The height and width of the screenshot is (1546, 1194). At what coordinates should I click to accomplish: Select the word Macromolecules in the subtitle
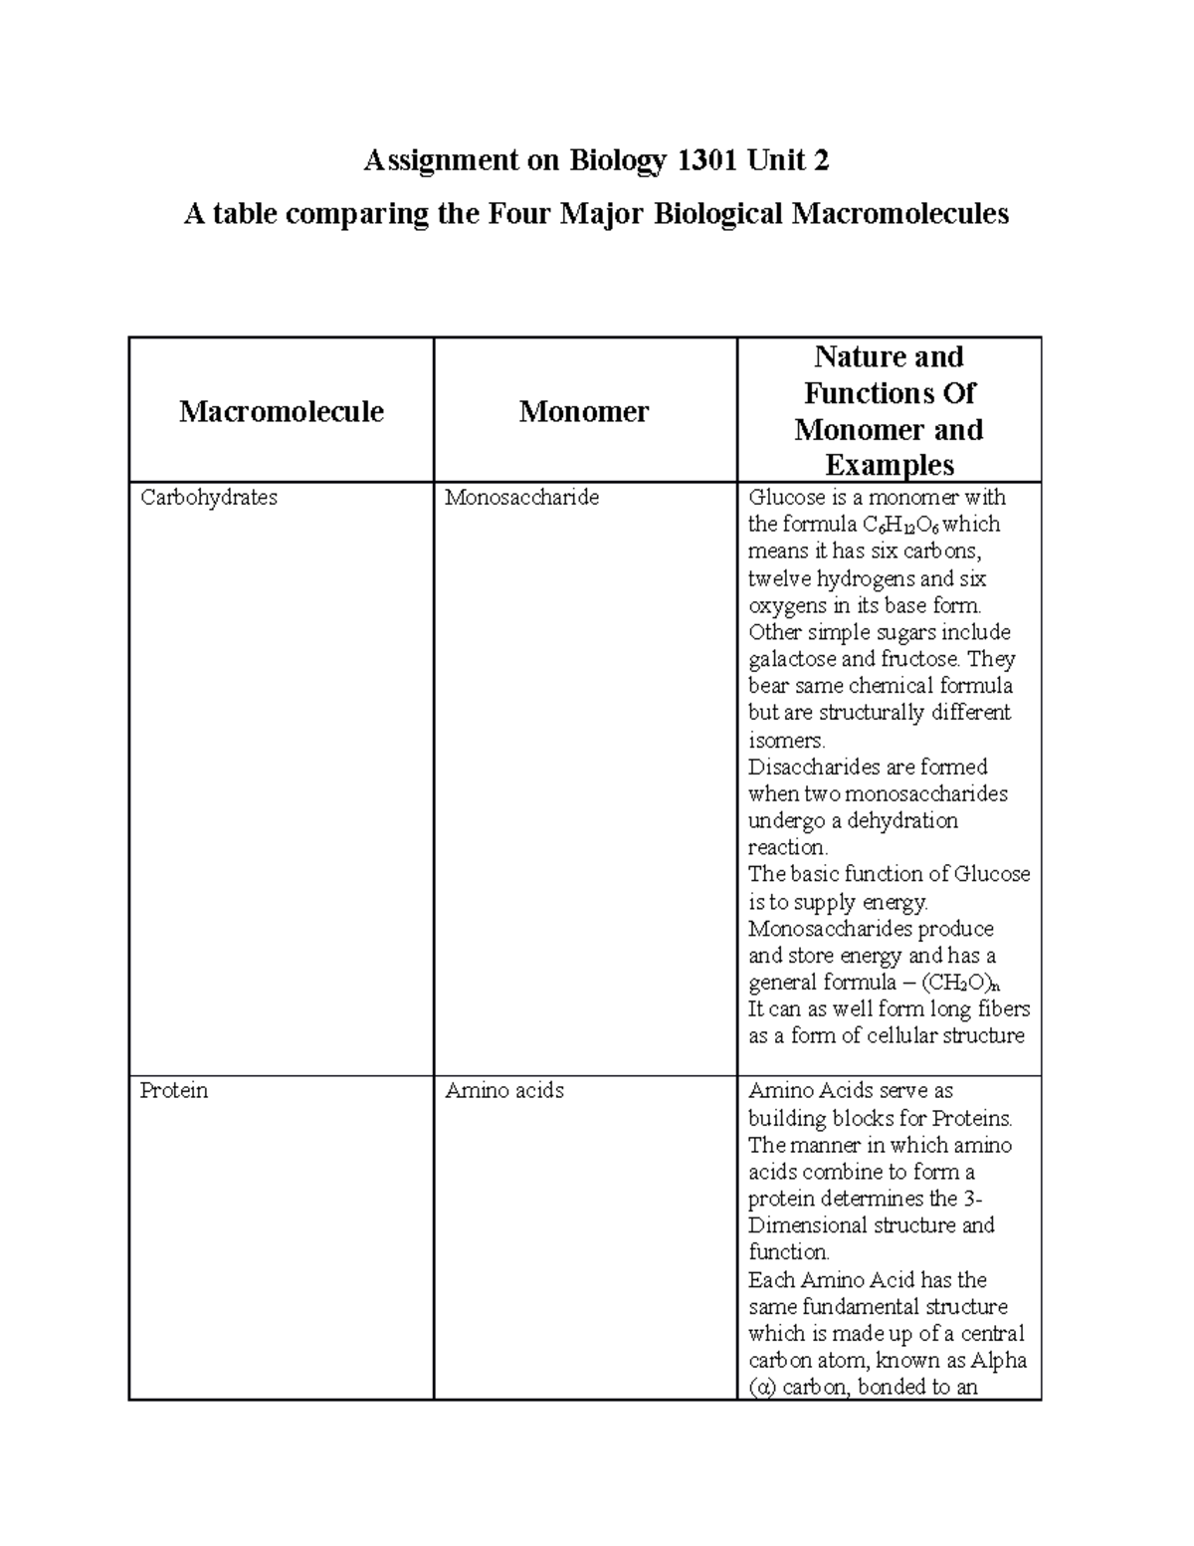pyautogui.click(x=899, y=213)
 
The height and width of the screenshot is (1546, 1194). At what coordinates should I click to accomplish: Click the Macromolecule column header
pyautogui.click(x=282, y=411)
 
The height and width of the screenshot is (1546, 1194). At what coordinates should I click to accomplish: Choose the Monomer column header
pyautogui.click(x=584, y=411)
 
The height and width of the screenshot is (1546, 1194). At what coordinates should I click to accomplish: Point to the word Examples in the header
pyautogui.click(x=890, y=465)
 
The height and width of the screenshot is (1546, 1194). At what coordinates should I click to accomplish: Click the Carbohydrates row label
pyautogui.click(x=209, y=498)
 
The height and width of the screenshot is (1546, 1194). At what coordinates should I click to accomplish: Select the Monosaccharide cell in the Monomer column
pyautogui.click(x=521, y=498)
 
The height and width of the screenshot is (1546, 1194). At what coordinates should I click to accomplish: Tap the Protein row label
pyautogui.click(x=174, y=1091)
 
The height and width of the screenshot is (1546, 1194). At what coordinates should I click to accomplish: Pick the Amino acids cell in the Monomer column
pyautogui.click(x=504, y=1091)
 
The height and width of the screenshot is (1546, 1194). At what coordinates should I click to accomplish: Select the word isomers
pyautogui.click(x=785, y=741)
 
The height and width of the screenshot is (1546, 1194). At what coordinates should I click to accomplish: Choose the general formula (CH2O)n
pyautogui.click(x=959, y=984)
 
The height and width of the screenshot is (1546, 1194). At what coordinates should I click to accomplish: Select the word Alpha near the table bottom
pyautogui.click(x=999, y=1361)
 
